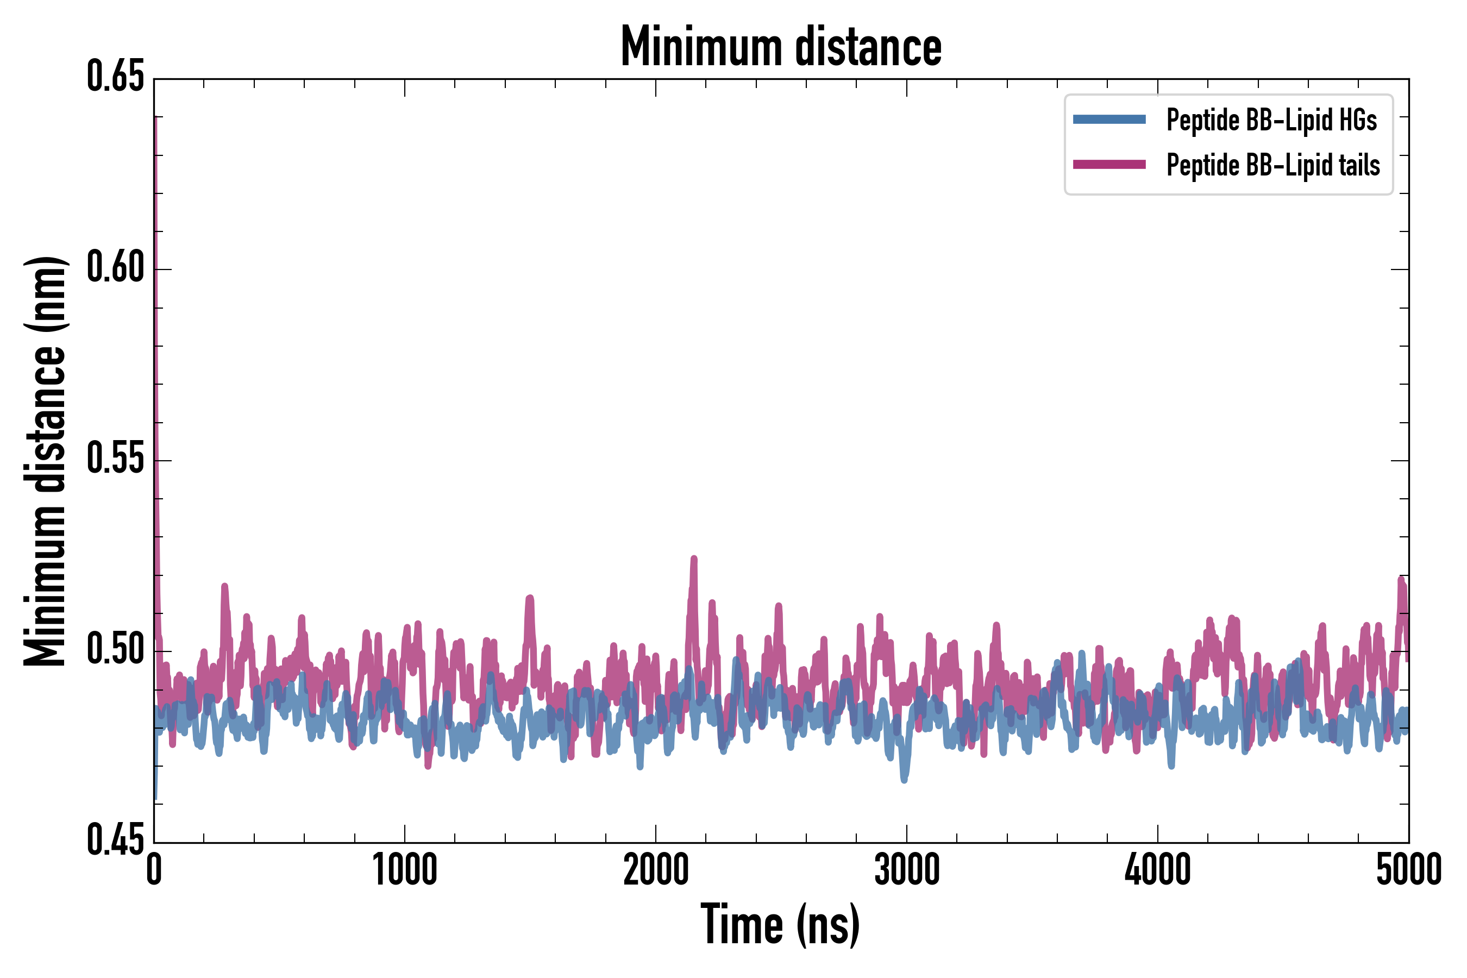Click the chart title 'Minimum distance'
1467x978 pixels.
click(780, 47)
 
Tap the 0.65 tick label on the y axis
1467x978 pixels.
click(115, 77)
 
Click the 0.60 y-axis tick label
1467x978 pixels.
click(115, 269)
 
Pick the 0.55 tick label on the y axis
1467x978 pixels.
click(115, 460)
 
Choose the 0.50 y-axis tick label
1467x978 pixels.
click(115, 651)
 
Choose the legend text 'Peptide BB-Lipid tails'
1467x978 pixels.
click(1273, 165)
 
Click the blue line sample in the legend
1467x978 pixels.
click(1109, 120)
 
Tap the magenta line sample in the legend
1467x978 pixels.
click(1109, 165)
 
